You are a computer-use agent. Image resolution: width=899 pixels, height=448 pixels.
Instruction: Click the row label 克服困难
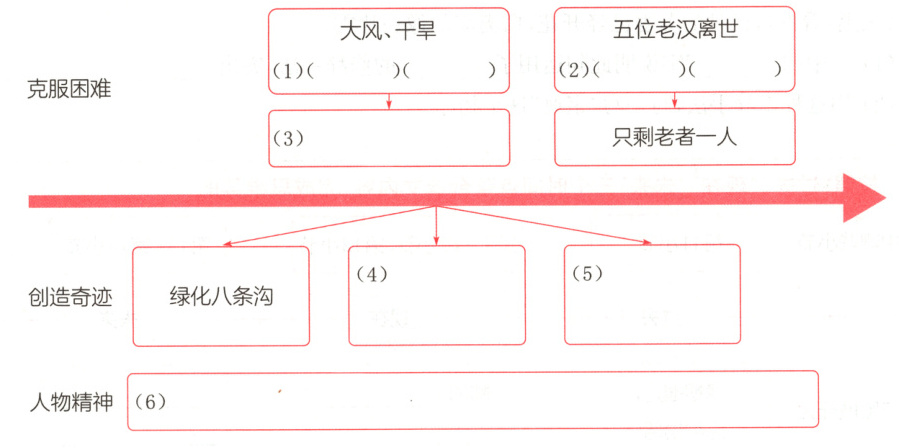69,88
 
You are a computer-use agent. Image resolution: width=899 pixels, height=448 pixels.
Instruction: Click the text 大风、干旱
388,31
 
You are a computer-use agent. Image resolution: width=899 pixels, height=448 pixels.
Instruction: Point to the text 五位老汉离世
675,29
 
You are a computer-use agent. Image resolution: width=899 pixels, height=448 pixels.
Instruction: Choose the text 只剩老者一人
675,137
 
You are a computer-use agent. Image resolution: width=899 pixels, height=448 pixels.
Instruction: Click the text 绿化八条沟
221,297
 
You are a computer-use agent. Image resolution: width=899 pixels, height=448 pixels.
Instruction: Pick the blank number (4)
371,273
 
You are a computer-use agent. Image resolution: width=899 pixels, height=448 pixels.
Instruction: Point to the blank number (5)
587,273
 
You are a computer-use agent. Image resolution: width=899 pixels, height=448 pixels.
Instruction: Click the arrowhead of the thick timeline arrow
864,198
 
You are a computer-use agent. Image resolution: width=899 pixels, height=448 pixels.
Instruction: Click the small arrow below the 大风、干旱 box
389,101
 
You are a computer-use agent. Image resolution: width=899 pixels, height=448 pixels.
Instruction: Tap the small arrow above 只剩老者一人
675,100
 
